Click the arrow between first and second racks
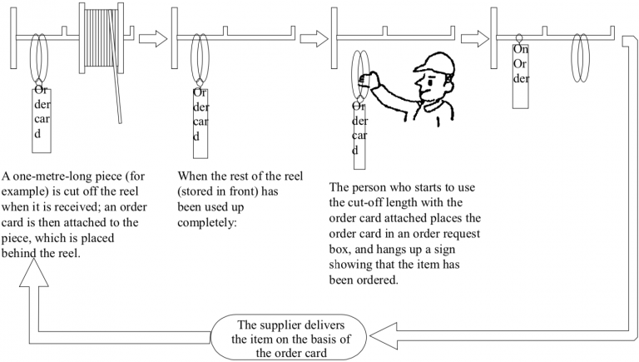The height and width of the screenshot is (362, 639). [x=152, y=37]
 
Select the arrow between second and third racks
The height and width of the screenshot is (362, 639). [x=313, y=37]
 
